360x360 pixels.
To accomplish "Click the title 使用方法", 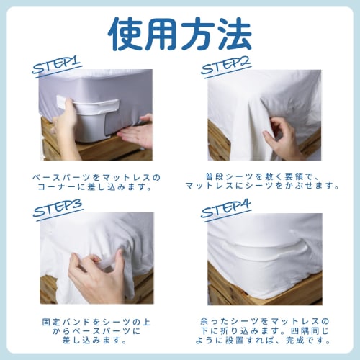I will (x=180, y=32).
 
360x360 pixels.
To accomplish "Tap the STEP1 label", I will (x=57, y=66).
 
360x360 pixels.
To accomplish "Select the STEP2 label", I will (x=225, y=66).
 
